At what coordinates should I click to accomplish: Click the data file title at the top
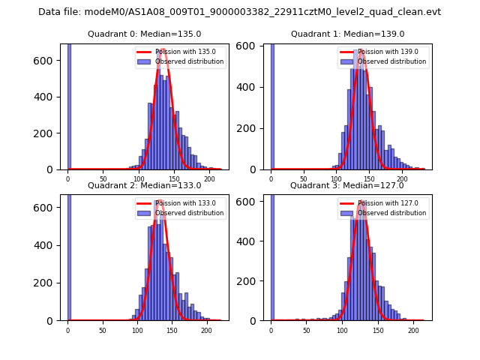pyautogui.click(x=239, y=12)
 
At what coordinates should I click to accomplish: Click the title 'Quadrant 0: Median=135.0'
pyautogui.click(x=144, y=34)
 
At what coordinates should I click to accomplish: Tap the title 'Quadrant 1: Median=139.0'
pyautogui.click(x=347, y=34)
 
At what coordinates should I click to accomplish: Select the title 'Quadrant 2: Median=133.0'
pyautogui.click(x=144, y=185)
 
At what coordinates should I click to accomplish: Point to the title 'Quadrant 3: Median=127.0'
pyautogui.click(x=347, y=185)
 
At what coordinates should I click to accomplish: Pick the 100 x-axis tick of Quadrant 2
pyautogui.click(x=137, y=330)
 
